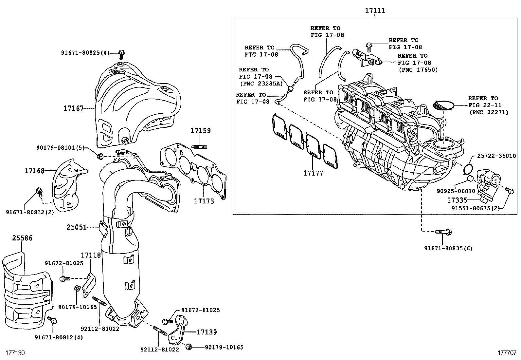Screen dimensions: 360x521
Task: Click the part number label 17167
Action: point(74,108)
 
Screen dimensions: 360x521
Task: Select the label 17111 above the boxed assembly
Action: point(375,11)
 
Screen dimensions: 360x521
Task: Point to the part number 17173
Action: point(204,201)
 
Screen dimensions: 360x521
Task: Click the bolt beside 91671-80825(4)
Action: point(121,53)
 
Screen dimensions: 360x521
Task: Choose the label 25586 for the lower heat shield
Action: point(23,238)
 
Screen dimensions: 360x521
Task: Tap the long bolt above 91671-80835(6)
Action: point(443,232)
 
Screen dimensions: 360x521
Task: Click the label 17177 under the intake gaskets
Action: point(313,173)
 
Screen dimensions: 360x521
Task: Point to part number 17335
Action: point(457,199)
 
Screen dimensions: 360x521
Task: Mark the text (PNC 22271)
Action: point(489,112)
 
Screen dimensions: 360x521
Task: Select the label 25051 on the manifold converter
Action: point(77,227)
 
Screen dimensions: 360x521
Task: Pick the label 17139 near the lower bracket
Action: point(207,332)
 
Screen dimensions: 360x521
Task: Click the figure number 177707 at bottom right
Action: point(507,353)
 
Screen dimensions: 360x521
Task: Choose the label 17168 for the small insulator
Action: point(34,171)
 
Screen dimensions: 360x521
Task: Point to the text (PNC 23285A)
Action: point(261,84)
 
